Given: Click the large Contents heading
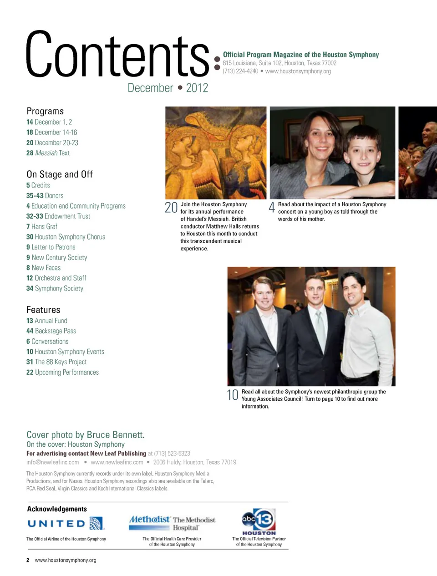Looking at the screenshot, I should tap(117, 55).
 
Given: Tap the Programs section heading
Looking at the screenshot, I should tap(45, 111).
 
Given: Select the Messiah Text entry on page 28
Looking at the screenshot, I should tap(48, 153).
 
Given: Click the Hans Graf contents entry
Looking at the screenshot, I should tap(42, 226).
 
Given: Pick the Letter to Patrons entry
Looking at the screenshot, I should tap(51, 247).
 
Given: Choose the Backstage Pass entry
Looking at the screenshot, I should tap(51, 331).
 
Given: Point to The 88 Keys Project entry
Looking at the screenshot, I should tap(56, 362).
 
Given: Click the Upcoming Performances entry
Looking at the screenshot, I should tap(62, 372).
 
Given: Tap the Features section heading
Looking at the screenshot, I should tap(43, 310).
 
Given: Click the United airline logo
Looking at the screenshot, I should tap(66, 524).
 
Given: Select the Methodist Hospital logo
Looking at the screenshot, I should tap(172, 523).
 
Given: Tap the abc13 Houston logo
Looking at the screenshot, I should tap(259, 521).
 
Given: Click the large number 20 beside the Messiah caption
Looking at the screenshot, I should tap(171, 208).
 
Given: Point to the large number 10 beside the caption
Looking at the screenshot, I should tap(233, 395).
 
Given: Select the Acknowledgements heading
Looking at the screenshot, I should tap(57, 509).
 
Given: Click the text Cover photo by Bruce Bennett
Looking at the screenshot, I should tap(86, 435).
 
